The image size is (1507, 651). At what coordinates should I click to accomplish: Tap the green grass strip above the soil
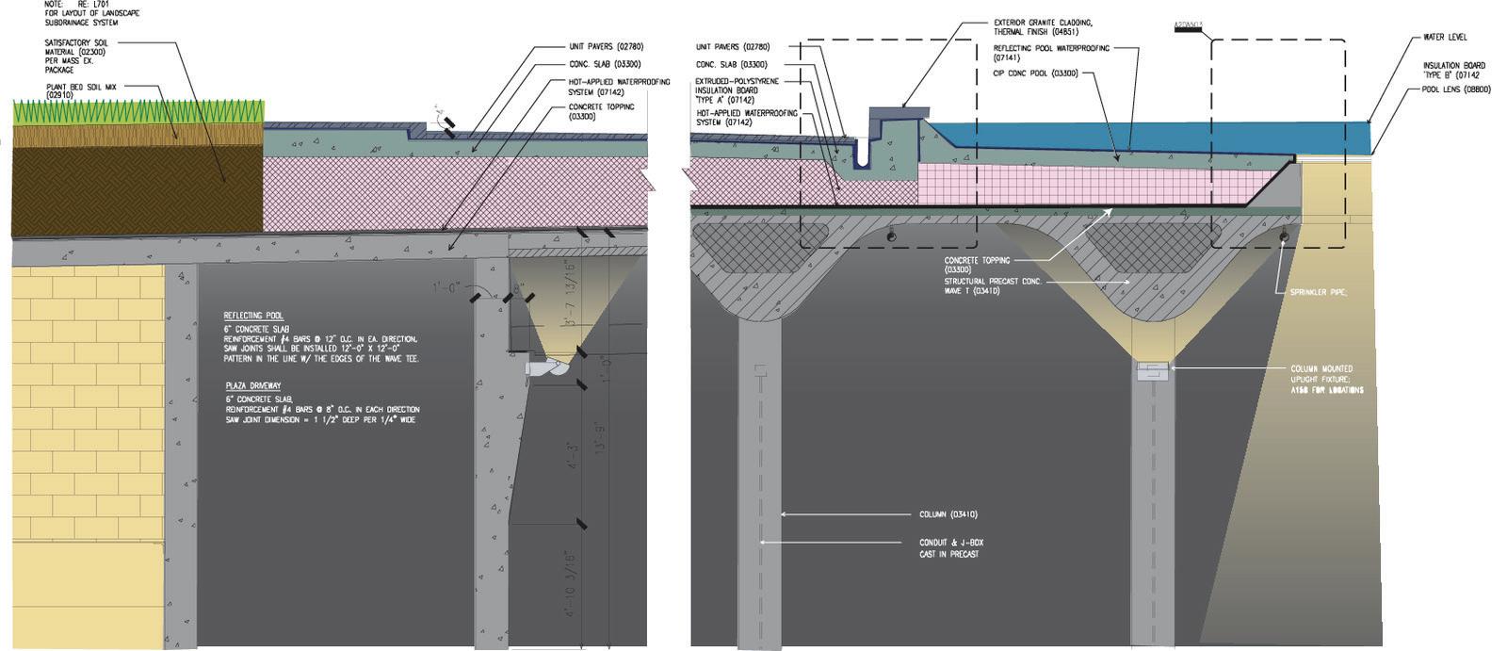point(137,111)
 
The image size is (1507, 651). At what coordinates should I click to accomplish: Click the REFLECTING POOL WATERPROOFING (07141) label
point(1051,52)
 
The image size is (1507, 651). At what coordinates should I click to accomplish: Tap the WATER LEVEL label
point(1444,38)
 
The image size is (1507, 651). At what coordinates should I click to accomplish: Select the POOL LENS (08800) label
point(1456,90)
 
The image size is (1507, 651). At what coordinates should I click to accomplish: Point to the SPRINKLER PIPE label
point(1319,293)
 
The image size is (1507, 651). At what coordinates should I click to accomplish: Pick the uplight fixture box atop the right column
point(1153,369)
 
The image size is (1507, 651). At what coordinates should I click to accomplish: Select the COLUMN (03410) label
point(948,514)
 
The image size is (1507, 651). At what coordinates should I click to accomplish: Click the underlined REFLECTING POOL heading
point(252,316)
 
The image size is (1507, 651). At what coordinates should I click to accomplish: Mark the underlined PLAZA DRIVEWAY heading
point(252,386)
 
